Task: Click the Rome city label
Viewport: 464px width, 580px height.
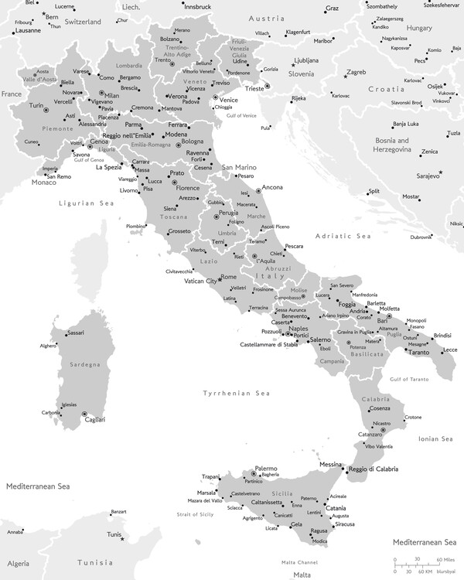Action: tap(229, 277)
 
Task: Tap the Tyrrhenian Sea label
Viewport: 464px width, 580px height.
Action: tap(235, 394)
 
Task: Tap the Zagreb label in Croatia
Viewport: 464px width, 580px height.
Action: tap(357, 73)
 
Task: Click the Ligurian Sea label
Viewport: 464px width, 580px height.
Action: tap(87, 203)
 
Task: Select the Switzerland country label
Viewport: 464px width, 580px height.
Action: tap(72, 23)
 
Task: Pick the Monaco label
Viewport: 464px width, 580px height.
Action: tap(43, 183)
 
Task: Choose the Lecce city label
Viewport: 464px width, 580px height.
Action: tap(449, 350)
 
